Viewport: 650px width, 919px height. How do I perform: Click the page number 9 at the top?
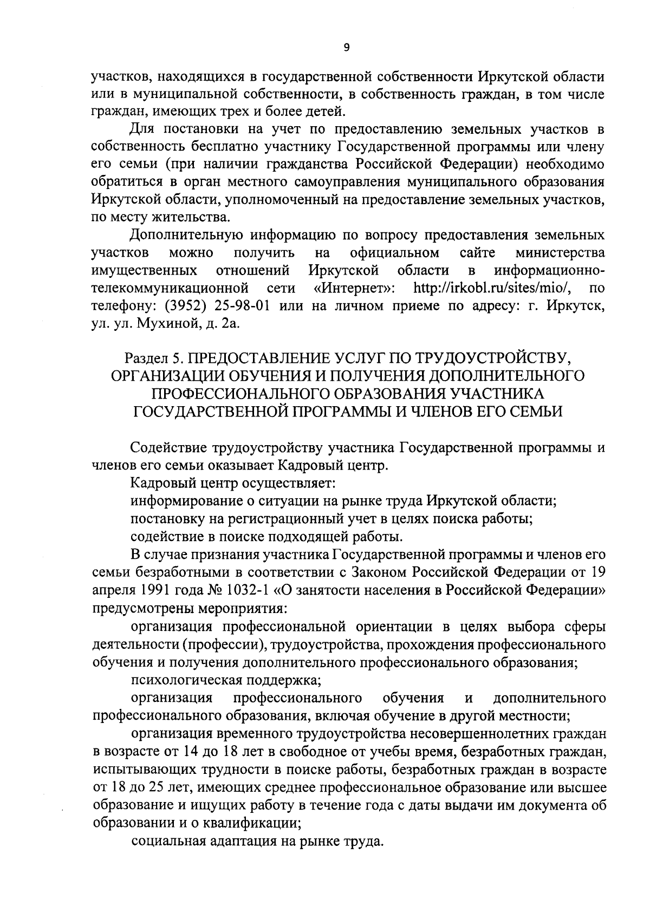click(x=347, y=48)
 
